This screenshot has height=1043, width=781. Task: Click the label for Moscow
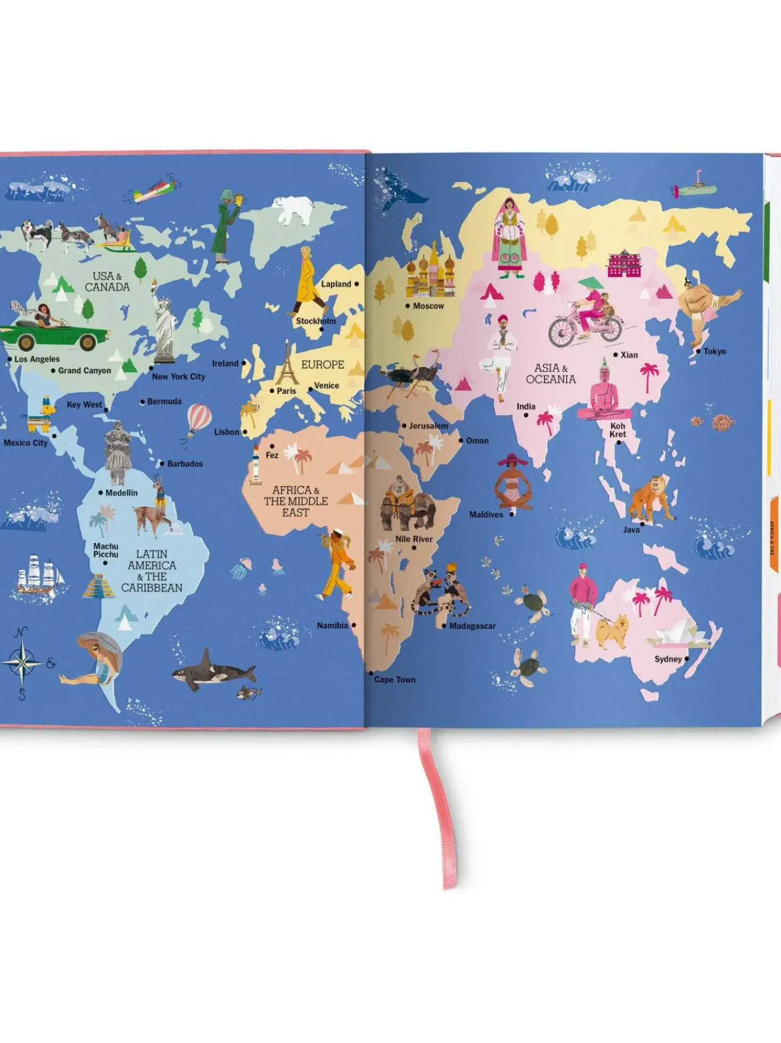[x=428, y=306]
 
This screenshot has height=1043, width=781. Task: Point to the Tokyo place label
[x=714, y=351]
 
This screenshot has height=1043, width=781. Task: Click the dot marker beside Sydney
[x=687, y=659]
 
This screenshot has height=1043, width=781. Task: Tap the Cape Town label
[x=395, y=679]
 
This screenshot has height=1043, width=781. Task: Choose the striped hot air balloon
[x=198, y=419]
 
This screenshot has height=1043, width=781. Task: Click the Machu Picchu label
[x=106, y=550]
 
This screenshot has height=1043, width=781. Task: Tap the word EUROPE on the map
[x=323, y=365]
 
